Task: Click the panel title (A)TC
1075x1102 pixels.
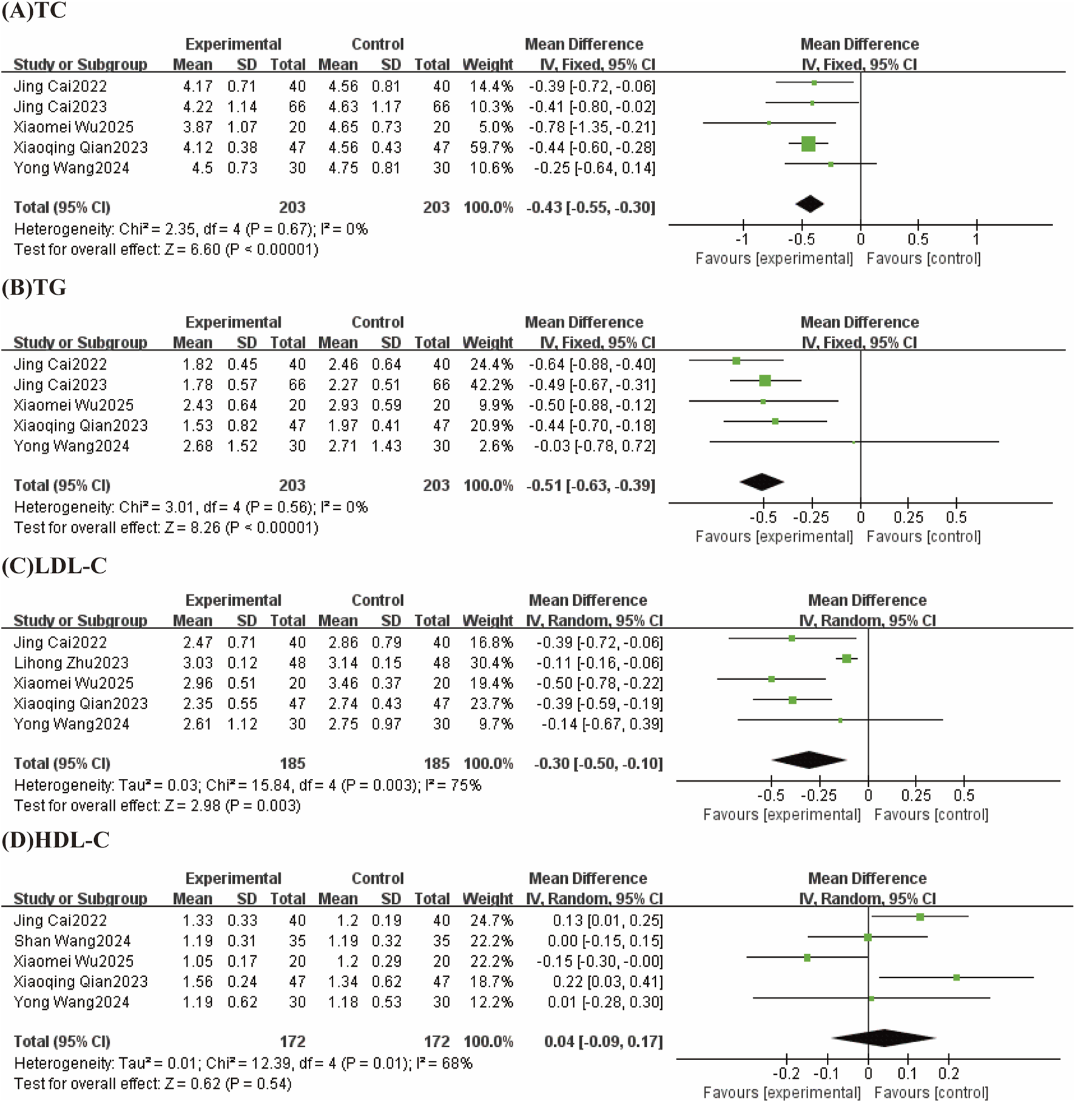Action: (34, 11)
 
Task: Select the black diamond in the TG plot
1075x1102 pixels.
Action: (762, 482)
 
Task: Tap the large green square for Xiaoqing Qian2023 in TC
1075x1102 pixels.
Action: (808, 144)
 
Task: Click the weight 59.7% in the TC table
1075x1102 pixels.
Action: (491, 147)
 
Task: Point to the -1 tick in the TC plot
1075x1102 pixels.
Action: (742, 239)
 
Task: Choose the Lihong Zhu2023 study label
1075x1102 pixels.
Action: (71, 663)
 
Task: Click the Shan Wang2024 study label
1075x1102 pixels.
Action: (72, 941)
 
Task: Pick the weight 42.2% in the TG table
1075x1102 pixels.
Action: (491, 385)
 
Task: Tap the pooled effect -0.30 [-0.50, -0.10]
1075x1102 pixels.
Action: (598, 763)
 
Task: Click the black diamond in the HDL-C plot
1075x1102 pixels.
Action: (883, 1038)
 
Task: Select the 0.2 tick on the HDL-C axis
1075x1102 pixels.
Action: (948, 1074)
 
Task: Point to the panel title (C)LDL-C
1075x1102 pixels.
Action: (55, 566)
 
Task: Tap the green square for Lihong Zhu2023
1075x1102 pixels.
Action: (847, 659)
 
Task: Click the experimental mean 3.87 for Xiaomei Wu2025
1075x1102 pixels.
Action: (198, 127)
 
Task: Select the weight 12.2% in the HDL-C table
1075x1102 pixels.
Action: (491, 1002)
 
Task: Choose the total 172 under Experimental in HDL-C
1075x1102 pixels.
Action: (292, 1041)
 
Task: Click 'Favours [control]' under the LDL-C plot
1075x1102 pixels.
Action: (931, 815)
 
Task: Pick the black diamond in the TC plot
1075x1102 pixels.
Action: (809, 204)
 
